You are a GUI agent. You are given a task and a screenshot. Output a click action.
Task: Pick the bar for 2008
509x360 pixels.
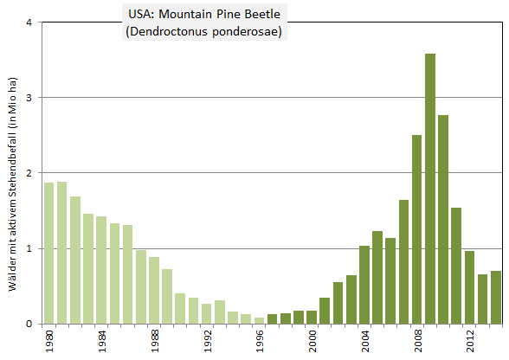(416, 229)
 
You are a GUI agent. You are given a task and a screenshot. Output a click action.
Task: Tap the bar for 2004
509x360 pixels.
(364, 285)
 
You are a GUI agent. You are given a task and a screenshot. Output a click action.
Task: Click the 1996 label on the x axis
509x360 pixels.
(259, 342)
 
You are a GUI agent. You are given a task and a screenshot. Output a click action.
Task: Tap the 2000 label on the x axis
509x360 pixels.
(312, 342)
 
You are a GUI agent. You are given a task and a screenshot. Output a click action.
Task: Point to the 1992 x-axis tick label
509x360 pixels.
(207, 342)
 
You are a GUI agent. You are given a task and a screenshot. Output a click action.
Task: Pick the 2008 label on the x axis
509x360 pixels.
(416, 342)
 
